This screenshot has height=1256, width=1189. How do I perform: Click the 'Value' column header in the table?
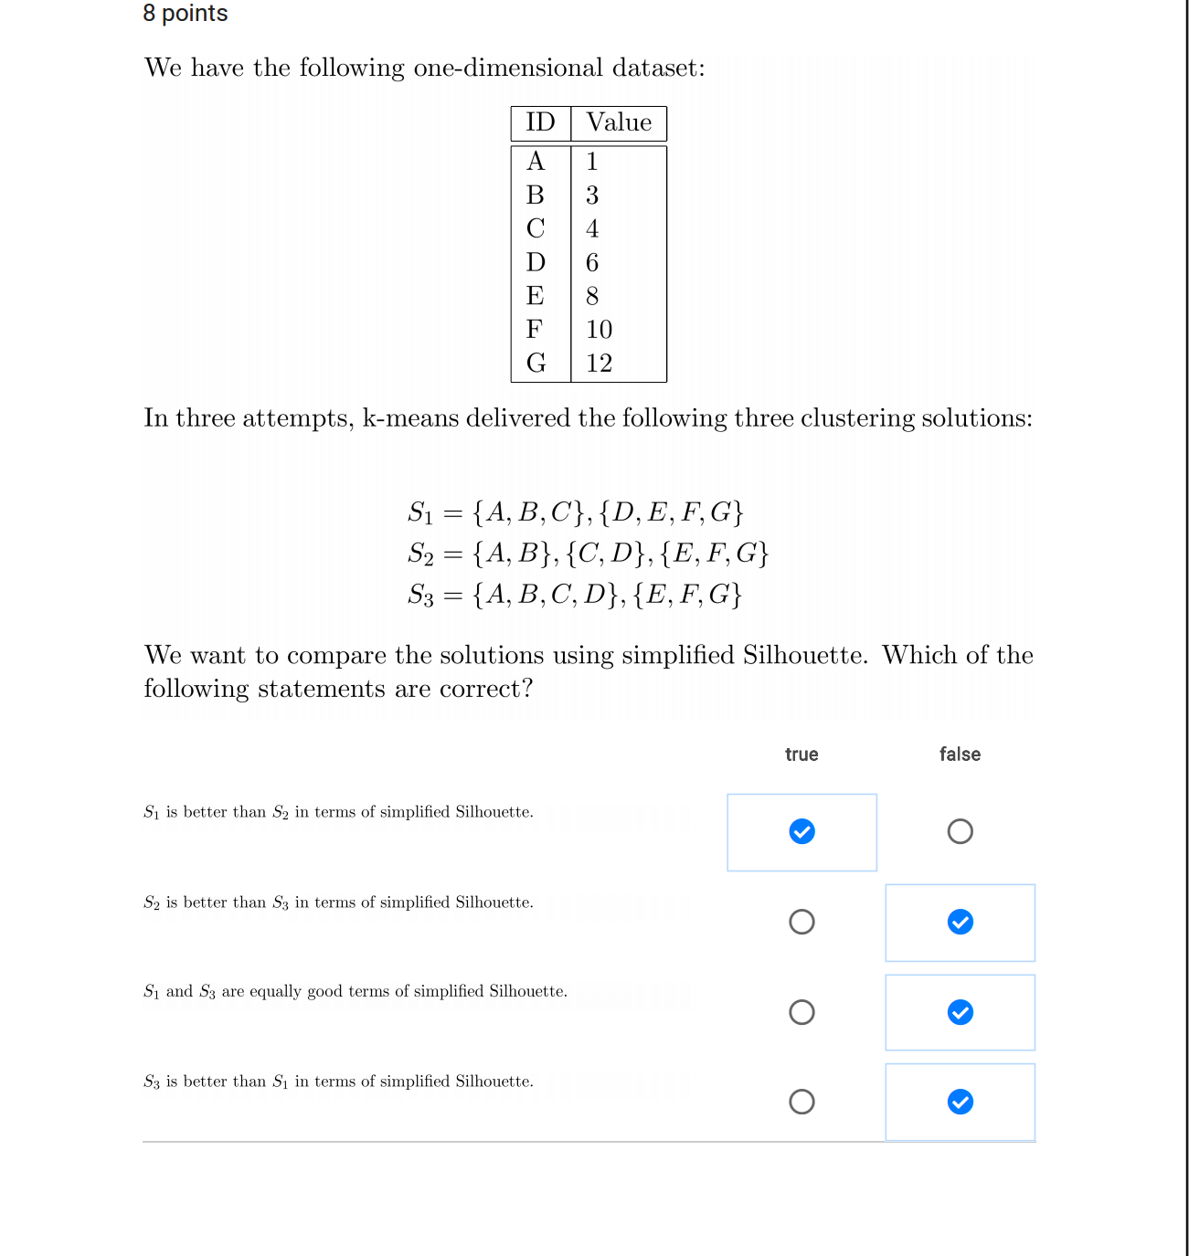click(x=619, y=123)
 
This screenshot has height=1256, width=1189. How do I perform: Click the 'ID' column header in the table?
click(x=540, y=123)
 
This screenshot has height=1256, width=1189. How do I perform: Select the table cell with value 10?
click(x=600, y=330)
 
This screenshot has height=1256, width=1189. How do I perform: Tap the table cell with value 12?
click(x=600, y=364)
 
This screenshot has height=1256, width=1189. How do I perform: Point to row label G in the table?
click(x=536, y=364)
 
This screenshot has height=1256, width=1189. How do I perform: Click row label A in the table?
click(x=536, y=162)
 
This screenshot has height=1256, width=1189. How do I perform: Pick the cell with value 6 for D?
click(x=592, y=263)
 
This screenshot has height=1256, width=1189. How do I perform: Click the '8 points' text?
click(x=186, y=14)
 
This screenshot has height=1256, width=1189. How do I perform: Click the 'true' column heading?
click(x=802, y=755)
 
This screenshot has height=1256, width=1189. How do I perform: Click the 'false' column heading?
click(x=960, y=755)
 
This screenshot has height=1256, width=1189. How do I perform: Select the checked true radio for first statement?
click(x=802, y=831)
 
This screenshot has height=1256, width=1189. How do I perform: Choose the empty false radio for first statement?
click(x=960, y=831)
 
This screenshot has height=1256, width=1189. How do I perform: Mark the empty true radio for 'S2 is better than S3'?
click(x=802, y=922)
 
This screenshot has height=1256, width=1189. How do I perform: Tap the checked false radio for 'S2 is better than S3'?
click(x=960, y=922)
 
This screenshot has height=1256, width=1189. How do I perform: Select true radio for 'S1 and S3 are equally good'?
click(x=802, y=1012)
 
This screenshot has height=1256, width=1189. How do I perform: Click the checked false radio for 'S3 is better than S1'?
click(x=960, y=1102)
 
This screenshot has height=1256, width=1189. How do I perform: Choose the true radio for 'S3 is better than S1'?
click(x=802, y=1102)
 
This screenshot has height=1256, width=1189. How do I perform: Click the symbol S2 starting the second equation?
click(x=420, y=554)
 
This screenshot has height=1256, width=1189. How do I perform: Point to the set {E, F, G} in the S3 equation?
click(x=687, y=596)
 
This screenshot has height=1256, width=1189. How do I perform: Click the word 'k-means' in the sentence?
click(x=410, y=418)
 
